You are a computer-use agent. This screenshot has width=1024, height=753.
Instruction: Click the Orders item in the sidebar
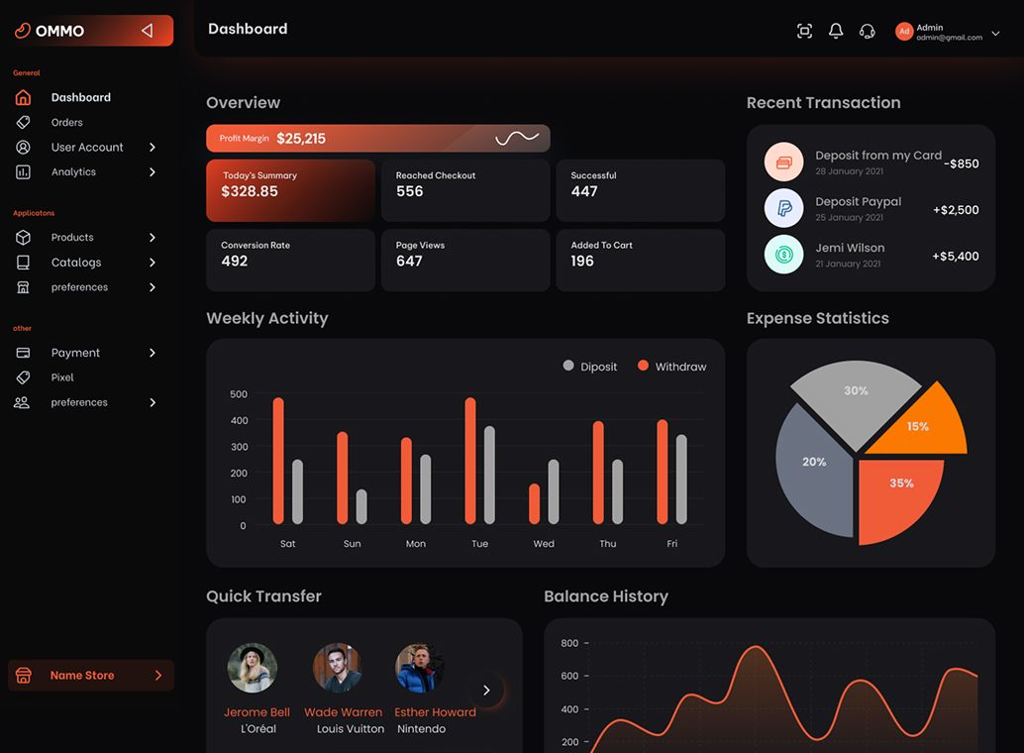pyautogui.click(x=66, y=123)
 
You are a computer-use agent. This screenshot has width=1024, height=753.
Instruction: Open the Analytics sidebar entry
pyautogui.click(x=73, y=172)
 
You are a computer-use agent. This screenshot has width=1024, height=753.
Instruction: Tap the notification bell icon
pyautogui.click(x=836, y=31)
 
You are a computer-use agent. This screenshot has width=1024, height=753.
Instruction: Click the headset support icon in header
pyautogui.click(x=868, y=31)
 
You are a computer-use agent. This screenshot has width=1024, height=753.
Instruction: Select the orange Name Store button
pyautogui.click(x=91, y=676)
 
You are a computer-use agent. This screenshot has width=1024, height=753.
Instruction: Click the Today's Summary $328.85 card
pyautogui.click(x=290, y=190)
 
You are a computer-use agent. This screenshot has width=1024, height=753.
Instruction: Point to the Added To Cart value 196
pyautogui.click(x=582, y=262)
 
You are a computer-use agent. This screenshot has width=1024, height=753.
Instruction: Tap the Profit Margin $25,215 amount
pyautogui.click(x=301, y=139)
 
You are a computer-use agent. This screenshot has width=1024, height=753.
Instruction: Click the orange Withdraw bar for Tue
pyautogui.click(x=470, y=461)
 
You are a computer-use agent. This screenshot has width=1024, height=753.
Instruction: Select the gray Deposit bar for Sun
pyautogui.click(x=361, y=506)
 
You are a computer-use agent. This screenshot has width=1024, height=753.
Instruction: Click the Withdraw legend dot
pyautogui.click(x=643, y=366)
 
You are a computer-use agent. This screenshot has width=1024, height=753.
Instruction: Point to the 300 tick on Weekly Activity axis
pyautogui.click(x=239, y=447)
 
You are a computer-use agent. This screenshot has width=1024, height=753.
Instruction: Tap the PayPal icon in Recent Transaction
pyautogui.click(x=783, y=209)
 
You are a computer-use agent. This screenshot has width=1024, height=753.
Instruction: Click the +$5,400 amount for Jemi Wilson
pyautogui.click(x=955, y=257)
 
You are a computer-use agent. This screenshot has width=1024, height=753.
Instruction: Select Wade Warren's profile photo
pyautogui.click(x=338, y=668)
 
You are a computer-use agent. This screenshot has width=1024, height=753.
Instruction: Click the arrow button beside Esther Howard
pyautogui.click(x=486, y=691)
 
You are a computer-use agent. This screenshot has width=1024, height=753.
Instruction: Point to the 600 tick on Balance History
pyautogui.click(x=569, y=677)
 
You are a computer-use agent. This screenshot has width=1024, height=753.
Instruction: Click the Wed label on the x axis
pyautogui.click(x=544, y=544)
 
